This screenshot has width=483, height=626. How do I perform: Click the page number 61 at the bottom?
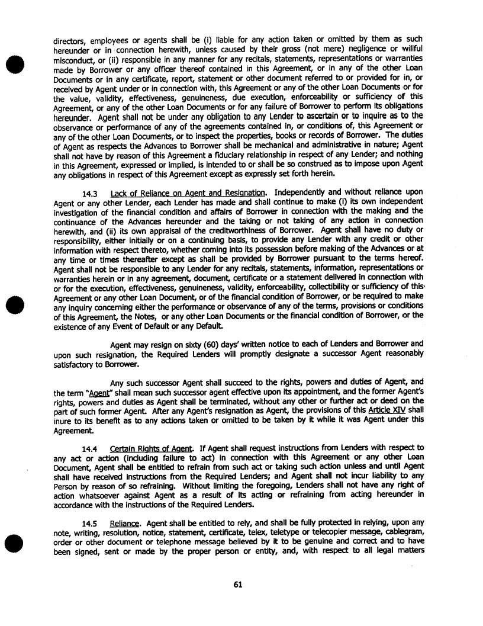point(238,585)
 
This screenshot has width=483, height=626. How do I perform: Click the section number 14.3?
point(90,192)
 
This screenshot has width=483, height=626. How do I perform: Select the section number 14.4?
point(90,448)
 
